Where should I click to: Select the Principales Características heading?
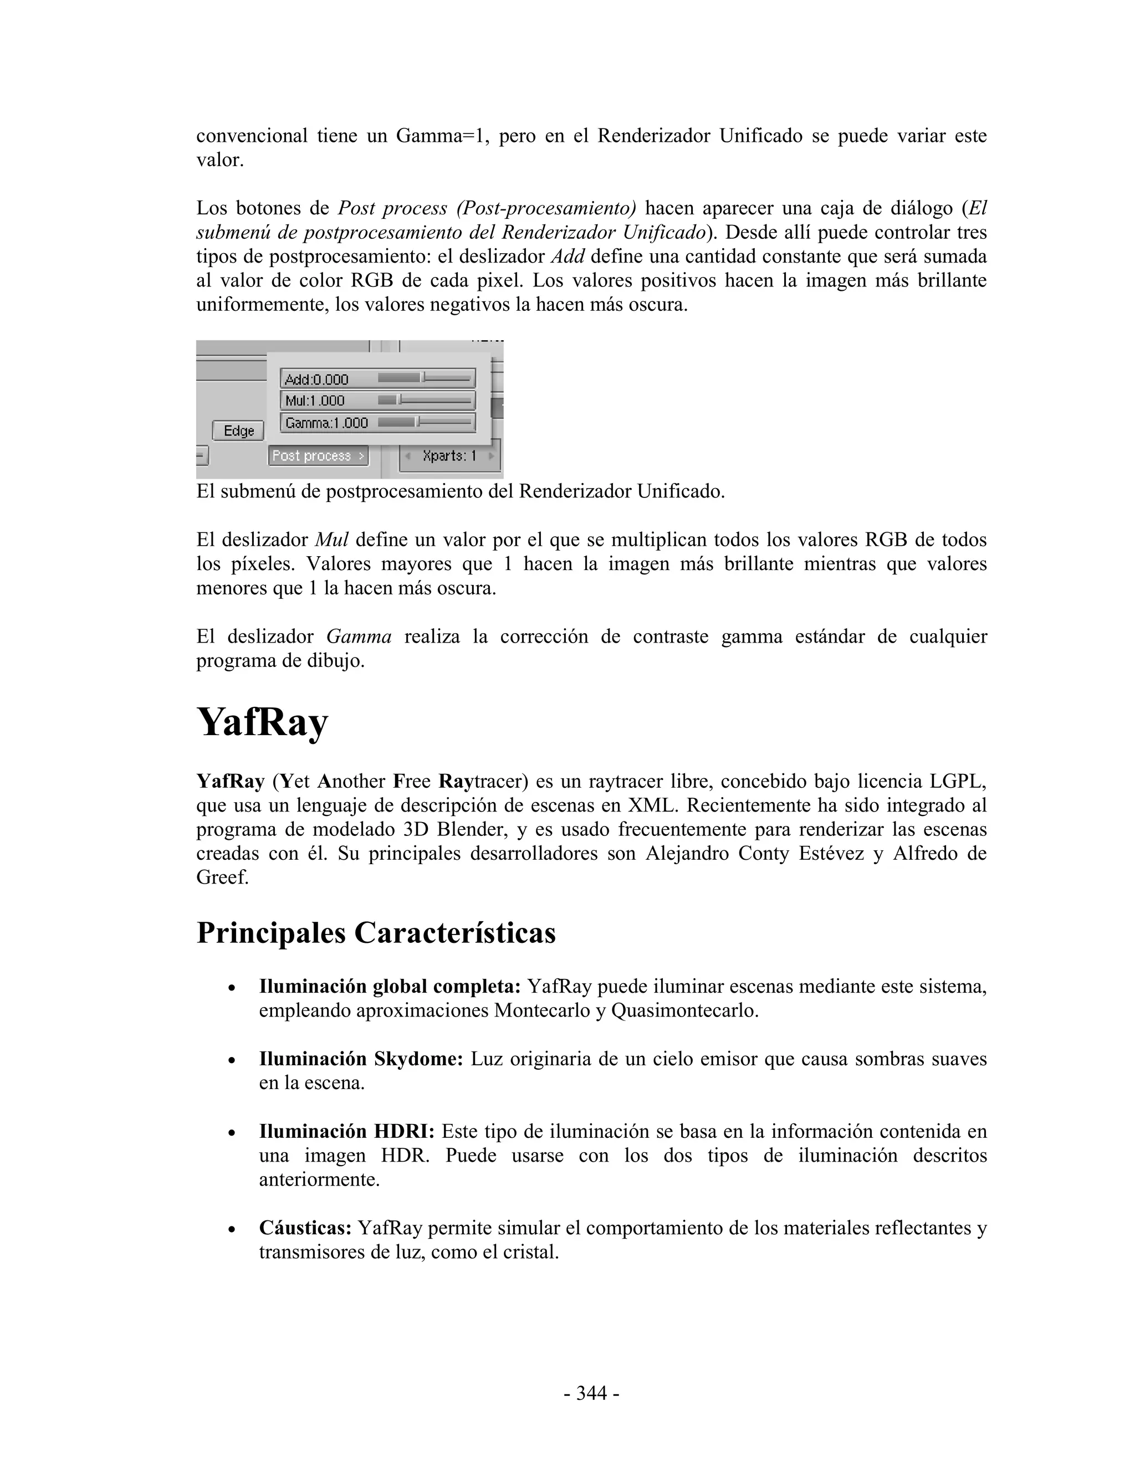tap(376, 933)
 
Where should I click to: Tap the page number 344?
tap(591, 1393)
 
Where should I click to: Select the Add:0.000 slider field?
tap(377, 379)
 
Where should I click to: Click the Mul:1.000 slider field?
tap(377, 401)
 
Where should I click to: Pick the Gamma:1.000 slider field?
tap(377, 423)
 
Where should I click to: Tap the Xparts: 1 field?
tap(449, 456)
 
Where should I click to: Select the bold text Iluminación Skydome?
tap(361, 1059)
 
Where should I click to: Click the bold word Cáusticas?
tap(305, 1229)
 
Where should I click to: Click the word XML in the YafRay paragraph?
tap(650, 806)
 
